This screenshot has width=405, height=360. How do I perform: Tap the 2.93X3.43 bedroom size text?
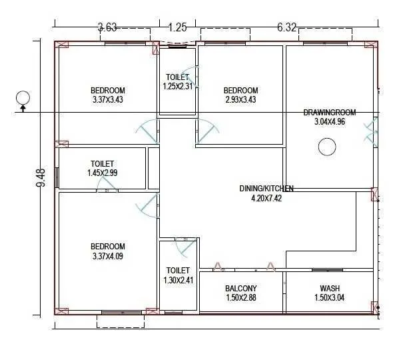240,100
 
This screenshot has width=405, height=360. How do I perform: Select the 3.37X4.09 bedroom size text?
107,255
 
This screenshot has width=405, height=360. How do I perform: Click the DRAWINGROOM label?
330,112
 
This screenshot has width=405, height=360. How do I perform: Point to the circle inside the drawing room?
327,147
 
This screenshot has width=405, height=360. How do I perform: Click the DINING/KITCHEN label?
266,189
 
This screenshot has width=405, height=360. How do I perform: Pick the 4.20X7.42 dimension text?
266,198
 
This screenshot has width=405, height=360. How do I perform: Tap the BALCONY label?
241,289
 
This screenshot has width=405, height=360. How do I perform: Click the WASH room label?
330,289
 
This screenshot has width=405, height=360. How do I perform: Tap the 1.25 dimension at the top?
177,27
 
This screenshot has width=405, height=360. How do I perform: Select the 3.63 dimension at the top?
107,27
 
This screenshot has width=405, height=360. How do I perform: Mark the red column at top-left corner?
63,45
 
